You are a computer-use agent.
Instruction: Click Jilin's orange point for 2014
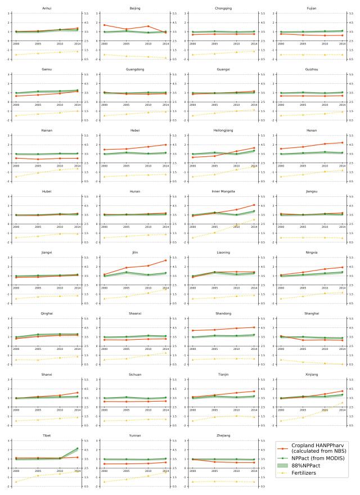[x=165, y=260]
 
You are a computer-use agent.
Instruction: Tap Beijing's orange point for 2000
[x=104, y=25]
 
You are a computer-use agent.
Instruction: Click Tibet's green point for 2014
[x=77, y=433]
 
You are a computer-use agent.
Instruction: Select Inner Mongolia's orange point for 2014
[x=253, y=205]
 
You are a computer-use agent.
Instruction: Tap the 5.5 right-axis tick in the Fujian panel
[x=350, y=13]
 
